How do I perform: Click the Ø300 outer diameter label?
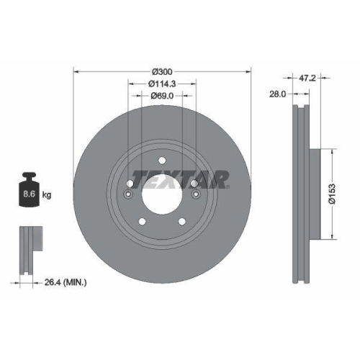coord(162,72)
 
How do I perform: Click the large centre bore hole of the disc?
coord(162,194)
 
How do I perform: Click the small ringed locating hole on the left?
coord(129,195)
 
